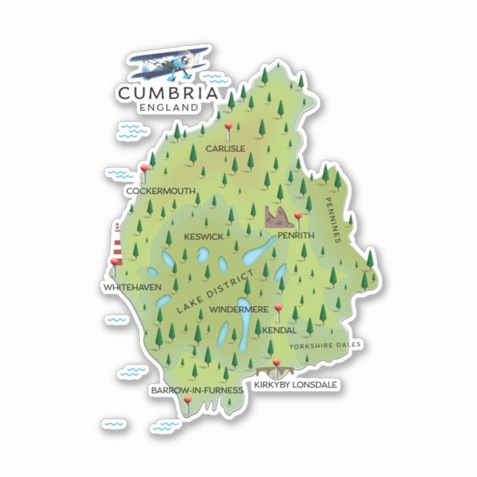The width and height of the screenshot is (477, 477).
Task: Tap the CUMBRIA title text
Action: pos(168,93)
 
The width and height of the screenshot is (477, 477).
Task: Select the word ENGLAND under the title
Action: pos(168,107)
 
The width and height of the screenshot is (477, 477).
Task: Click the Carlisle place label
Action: pos(225,148)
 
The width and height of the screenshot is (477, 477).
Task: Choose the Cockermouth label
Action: pos(161,191)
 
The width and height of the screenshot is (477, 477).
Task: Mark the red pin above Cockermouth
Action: pos(144,170)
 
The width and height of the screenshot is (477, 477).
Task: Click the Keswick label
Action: pos(203,237)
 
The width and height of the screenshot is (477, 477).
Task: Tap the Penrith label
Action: pos(296,236)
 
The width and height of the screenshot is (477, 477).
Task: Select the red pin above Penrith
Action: pos(298,216)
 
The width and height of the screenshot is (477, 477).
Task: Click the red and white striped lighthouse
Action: pos(117,244)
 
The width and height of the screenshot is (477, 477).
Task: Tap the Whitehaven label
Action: pos(133,287)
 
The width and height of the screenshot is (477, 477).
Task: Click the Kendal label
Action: pos(278,330)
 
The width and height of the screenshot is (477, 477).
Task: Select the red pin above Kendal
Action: pos(278,309)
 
